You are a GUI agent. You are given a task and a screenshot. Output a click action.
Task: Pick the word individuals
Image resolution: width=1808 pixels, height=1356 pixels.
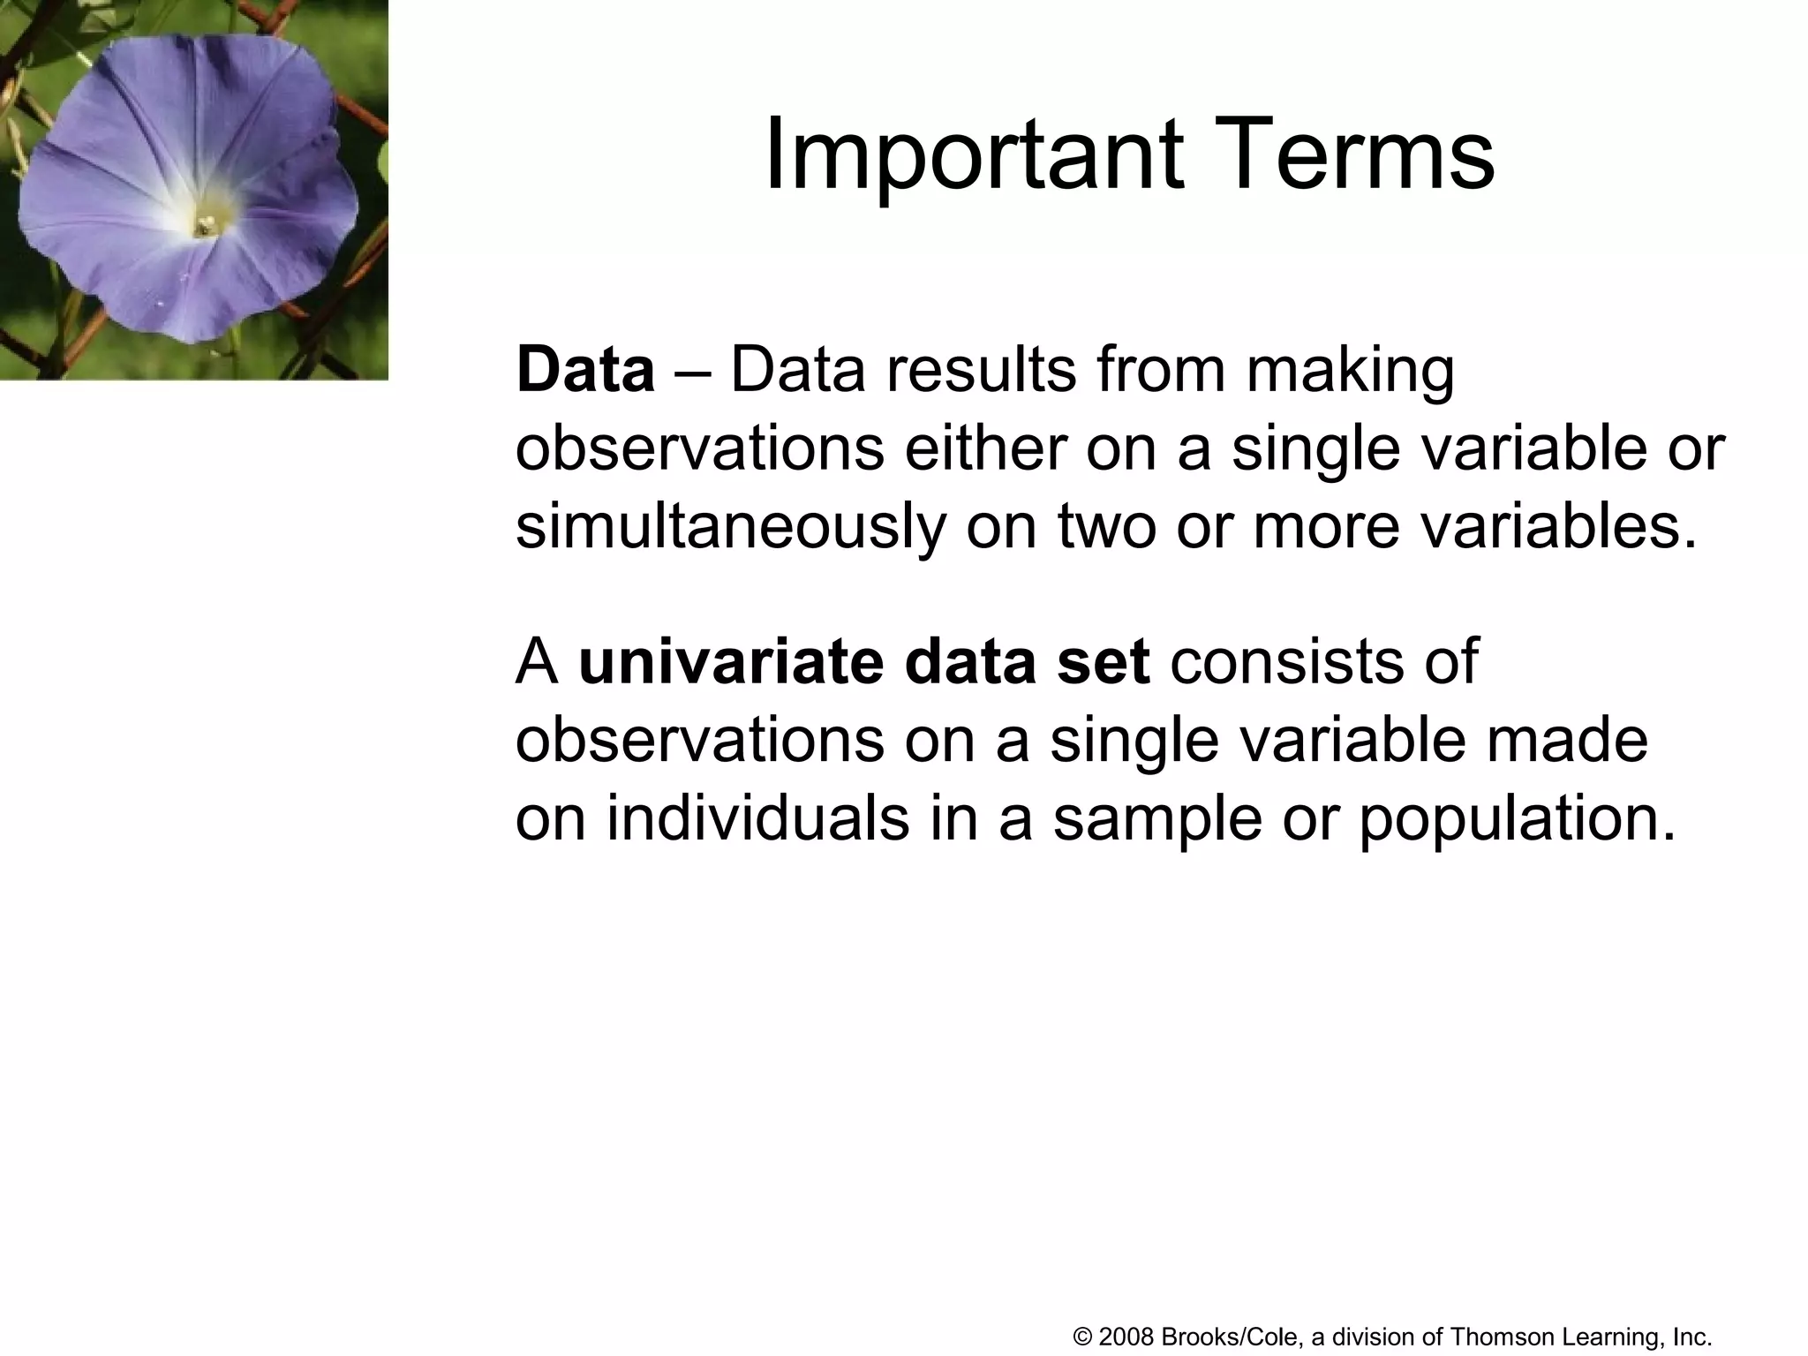[757, 817]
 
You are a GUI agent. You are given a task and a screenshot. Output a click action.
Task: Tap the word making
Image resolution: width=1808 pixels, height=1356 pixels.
[1350, 371]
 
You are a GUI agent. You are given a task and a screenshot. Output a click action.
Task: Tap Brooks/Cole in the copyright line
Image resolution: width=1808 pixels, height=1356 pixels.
[1229, 1337]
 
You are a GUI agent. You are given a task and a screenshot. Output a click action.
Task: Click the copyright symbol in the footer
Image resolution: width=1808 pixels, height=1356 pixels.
[1083, 1337]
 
